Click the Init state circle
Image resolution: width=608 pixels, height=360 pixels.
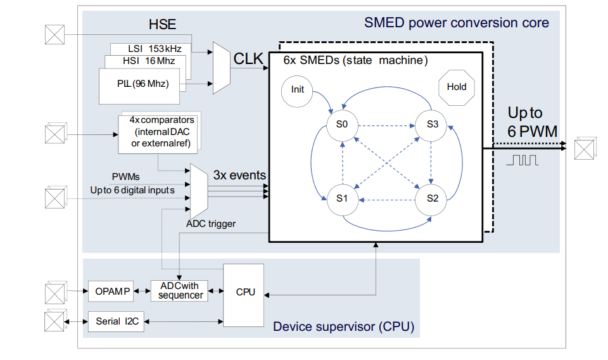298,89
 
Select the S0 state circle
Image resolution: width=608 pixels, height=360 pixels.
342,124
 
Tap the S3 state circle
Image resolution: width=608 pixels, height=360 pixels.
432,124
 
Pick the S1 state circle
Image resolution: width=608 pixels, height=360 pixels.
342,198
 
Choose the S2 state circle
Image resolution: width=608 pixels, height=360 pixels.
432,198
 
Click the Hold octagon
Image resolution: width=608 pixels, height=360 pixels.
456,87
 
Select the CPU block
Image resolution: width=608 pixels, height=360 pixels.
245,292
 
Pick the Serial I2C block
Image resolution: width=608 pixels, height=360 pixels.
117,321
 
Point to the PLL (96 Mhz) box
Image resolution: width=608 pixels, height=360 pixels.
142,83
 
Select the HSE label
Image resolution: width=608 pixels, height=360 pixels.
162,25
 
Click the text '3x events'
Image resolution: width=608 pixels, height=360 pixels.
239,175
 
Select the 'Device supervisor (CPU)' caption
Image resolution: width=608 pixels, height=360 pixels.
343,327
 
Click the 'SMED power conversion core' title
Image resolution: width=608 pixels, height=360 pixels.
456,23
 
